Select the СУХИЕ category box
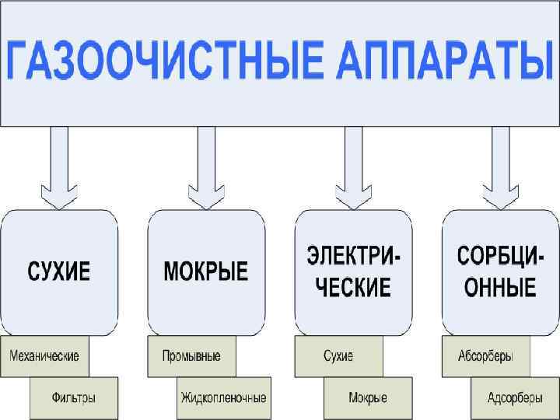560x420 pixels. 59,271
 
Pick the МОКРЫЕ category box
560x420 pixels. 206,271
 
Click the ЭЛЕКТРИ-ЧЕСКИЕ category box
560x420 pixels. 353,271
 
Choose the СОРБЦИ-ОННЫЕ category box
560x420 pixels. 500,271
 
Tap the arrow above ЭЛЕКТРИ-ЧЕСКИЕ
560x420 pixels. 353,167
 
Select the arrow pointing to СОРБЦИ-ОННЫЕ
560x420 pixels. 500,167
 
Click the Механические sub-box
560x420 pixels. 44,356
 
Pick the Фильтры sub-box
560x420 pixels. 74,397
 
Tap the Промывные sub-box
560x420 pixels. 191,356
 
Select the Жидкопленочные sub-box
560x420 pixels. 223,397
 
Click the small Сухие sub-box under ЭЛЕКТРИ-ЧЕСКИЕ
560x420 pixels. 338,356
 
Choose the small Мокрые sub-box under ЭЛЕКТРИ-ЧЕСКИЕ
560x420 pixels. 368,397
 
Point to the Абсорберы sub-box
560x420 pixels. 485,356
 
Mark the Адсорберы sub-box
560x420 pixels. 515,397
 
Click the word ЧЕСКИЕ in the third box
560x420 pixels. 353,289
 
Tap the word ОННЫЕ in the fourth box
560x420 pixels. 500,289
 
